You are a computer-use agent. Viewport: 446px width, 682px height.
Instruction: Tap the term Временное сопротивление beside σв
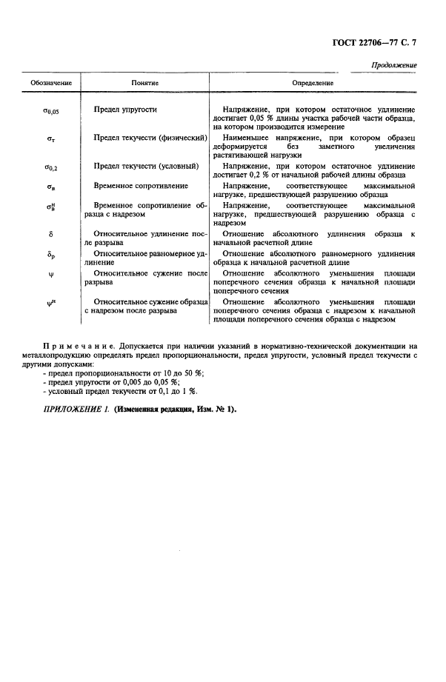(x=141, y=185)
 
